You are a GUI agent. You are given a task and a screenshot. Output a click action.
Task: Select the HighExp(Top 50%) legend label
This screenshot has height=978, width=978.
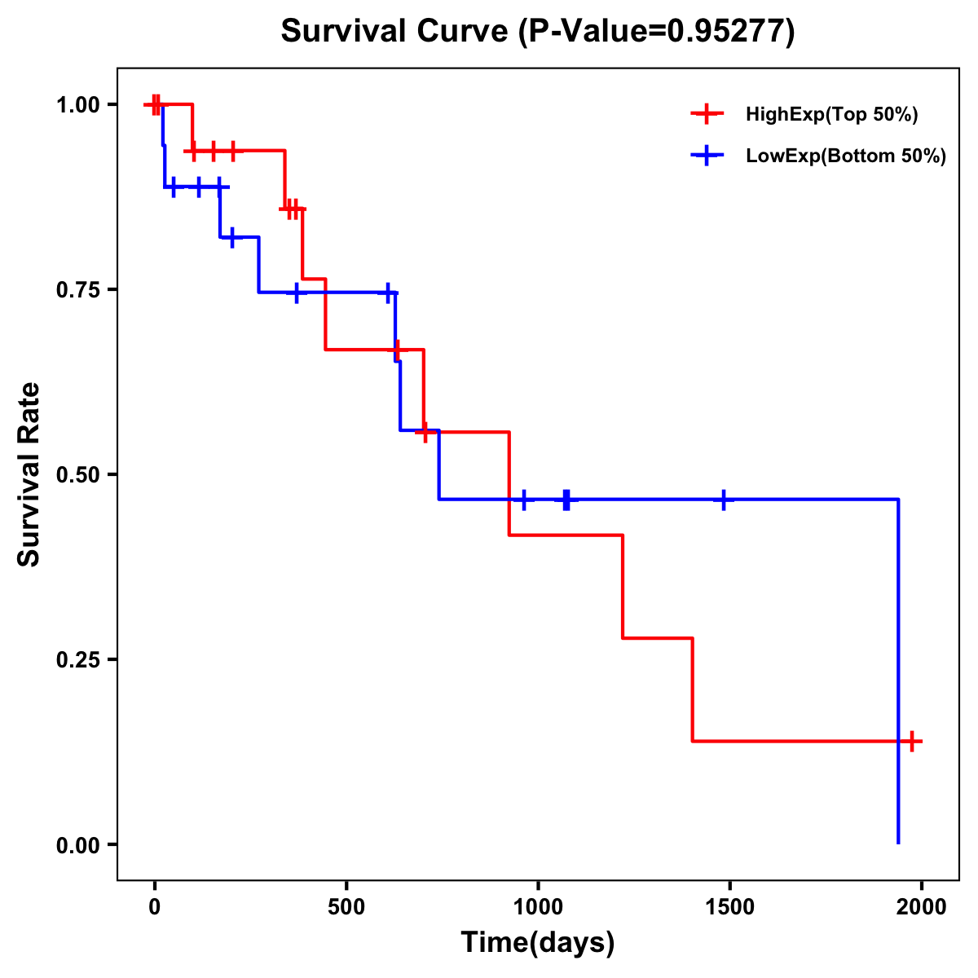(x=832, y=115)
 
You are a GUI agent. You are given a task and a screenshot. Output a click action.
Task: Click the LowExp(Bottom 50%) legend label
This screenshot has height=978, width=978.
(x=846, y=156)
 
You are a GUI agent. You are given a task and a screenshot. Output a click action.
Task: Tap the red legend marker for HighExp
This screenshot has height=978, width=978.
(x=707, y=114)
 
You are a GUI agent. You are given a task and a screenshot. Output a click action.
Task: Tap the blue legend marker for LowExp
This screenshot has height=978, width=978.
(x=707, y=156)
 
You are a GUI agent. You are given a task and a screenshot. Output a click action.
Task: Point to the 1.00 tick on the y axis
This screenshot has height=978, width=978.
(x=78, y=105)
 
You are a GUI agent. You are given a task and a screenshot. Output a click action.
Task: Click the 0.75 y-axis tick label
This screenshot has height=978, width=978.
(x=78, y=290)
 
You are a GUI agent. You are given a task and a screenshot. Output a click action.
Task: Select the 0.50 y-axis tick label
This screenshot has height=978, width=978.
(x=78, y=475)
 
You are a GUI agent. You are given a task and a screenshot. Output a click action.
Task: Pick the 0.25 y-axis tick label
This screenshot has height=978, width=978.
(x=78, y=660)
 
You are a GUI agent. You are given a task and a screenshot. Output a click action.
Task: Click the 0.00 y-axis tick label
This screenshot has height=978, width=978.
(x=78, y=845)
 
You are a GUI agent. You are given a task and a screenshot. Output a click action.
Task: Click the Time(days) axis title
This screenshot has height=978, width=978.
(x=538, y=943)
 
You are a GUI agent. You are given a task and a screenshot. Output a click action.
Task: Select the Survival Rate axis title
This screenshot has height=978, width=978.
(x=30, y=474)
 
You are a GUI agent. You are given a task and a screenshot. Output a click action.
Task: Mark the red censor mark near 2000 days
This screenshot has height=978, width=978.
(x=912, y=742)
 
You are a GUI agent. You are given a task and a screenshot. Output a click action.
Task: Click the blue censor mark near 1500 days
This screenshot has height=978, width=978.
(x=723, y=500)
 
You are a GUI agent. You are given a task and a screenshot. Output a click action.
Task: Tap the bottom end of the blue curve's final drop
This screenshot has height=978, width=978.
(x=898, y=842)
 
